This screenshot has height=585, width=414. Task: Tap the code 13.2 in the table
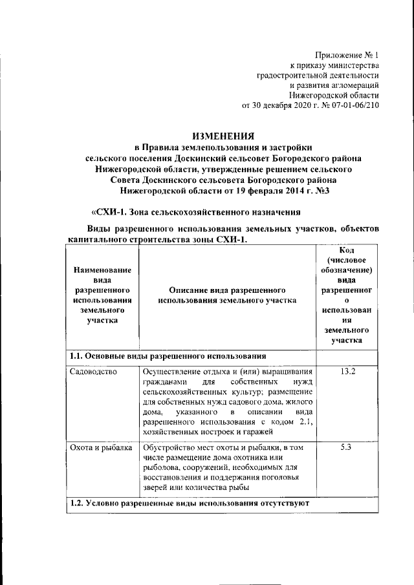coord(347,371)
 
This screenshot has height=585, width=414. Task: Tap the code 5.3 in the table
coord(347,447)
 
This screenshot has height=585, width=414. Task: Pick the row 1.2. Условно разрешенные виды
coord(190,502)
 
